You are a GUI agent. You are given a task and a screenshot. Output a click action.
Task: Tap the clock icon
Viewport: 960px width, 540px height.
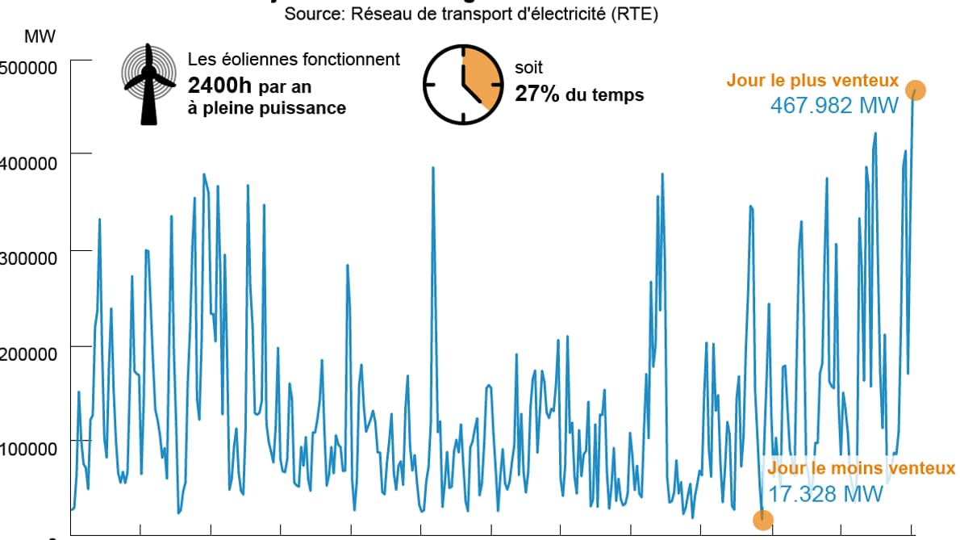pyautogui.click(x=462, y=84)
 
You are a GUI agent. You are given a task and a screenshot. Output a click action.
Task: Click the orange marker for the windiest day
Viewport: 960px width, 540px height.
pyautogui.click(x=915, y=90)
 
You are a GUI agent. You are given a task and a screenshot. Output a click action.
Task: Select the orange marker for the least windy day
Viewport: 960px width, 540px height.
pyautogui.click(x=762, y=520)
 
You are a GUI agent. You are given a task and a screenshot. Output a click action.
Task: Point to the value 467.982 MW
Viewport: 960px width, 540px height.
pyautogui.click(x=834, y=106)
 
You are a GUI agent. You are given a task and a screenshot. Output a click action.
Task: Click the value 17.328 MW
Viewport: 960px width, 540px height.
pyautogui.click(x=825, y=494)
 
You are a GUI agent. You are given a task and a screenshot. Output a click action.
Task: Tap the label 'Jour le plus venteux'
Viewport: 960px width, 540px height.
pyautogui.click(x=812, y=81)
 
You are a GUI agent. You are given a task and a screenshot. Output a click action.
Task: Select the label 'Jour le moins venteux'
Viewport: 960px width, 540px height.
pyautogui.click(x=861, y=468)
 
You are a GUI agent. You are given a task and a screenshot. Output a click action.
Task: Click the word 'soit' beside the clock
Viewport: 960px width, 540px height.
pyautogui.click(x=529, y=68)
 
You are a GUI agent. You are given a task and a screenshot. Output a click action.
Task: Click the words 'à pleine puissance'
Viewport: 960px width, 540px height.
pyautogui.click(x=266, y=107)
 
